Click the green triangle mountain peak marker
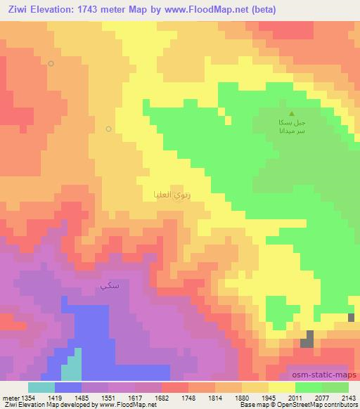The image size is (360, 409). pyautogui.click(x=292, y=113)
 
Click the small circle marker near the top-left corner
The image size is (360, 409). pyautogui.click(x=51, y=63)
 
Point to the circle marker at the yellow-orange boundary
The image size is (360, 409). pyautogui.click(x=108, y=129)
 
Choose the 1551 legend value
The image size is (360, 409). pyautogui.click(x=99, y=398)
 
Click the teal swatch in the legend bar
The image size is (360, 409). pyautogui.click(x=41, y=387)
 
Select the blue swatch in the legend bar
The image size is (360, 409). pyautogui.click(x=68, y=387)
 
